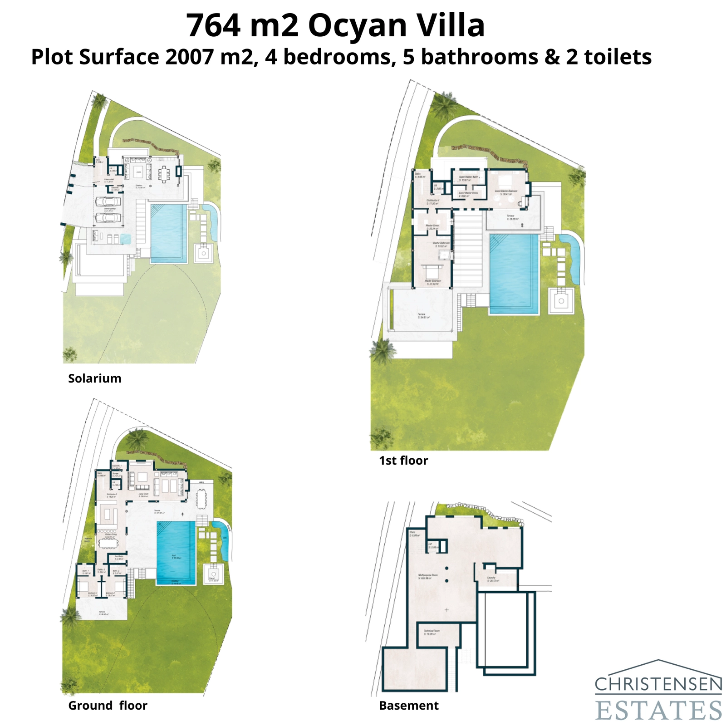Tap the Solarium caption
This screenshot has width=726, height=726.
94,378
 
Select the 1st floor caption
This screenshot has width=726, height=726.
403,461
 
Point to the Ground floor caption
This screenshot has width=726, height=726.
108,706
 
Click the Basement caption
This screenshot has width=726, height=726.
409,706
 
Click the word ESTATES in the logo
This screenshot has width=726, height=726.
658,710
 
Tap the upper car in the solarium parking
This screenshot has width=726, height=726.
108,201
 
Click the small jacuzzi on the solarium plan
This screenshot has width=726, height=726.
125,238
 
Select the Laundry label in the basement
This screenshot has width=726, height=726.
492,579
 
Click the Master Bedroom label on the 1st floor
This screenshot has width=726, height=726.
433,282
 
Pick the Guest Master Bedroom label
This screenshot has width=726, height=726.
506,191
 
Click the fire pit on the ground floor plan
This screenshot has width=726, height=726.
211,575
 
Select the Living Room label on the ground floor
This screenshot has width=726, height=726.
143,495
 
